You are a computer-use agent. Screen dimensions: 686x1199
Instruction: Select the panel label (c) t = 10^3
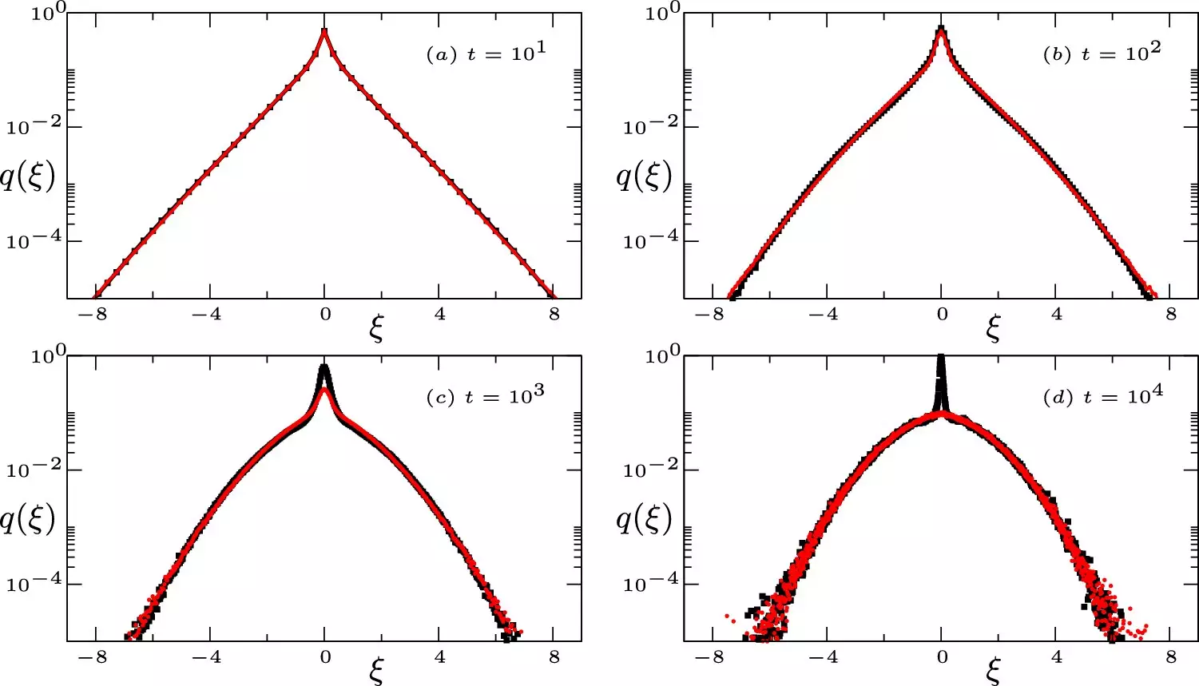[486, 396]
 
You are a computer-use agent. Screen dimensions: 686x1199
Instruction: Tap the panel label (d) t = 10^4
[1102, 396]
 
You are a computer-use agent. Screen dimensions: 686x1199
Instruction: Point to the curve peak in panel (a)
[324, 32]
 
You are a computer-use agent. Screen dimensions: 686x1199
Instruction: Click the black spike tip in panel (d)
[941, 358]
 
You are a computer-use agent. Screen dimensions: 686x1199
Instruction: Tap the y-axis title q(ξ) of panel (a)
[27, 176]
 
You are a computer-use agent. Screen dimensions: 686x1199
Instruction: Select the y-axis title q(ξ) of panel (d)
[644, 519]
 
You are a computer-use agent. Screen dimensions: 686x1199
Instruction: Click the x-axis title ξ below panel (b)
[993, 328]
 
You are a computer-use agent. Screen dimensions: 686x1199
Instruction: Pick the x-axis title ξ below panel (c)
[376, 672]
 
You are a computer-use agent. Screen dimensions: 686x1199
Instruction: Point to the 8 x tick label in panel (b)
[1171, 315]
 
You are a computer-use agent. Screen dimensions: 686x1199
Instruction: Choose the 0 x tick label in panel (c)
[325, 658]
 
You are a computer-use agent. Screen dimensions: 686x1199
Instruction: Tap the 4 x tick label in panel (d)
[1057, 658]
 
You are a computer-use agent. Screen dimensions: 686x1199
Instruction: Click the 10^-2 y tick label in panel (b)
[650, 126]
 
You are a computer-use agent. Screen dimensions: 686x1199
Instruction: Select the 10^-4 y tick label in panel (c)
[34, 584]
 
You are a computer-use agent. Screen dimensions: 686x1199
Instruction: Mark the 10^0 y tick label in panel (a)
[48, 13]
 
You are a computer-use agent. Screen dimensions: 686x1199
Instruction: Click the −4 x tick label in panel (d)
[823, 658]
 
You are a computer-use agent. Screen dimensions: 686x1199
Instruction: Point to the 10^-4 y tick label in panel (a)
[34, 240]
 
